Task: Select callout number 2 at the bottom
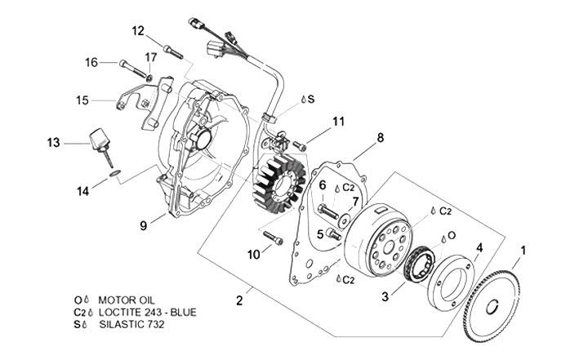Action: pos(239,300)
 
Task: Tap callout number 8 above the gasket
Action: pos(380,138)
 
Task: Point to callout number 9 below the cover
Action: pos(143,224)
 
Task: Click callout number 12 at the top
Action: pos(138,31)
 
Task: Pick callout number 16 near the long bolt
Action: pos(91,62)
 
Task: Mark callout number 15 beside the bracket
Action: pos(82,100)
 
